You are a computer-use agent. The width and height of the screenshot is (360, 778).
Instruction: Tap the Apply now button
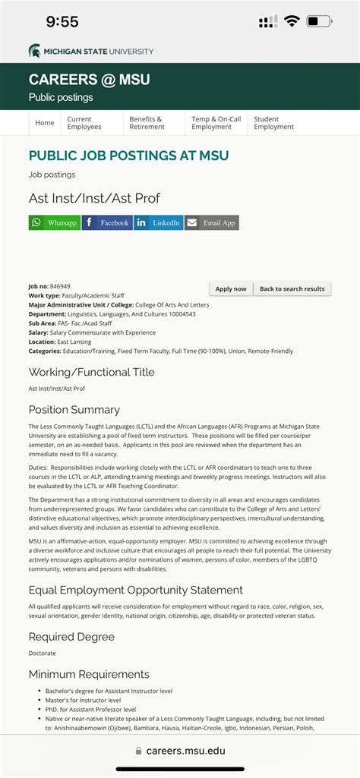click(x=231, y=289)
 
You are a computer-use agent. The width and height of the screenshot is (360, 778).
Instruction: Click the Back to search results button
click(x=292, y=289)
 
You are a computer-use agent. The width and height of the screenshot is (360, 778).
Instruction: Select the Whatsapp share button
click(x=55, y=222)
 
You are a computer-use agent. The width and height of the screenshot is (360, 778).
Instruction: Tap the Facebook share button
click(x=107, y=222)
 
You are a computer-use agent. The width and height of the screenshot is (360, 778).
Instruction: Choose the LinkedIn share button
click(x=159, y=222)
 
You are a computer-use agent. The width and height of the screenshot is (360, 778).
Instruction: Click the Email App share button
click(x=212, y=222)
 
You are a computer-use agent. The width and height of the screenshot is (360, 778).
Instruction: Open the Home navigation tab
click(x=45, y=123)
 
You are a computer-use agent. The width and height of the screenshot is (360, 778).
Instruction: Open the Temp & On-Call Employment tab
click(x=216, y=123)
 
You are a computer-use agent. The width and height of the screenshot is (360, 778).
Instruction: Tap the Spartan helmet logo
click(x=35, y=52)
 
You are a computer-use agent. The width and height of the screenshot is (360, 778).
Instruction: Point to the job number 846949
click(x=60, y=286)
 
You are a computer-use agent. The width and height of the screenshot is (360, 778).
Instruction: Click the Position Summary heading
click(x=74, y=410)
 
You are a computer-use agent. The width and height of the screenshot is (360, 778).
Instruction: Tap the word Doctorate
click(x=43, y=654)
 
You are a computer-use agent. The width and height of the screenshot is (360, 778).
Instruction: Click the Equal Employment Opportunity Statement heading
click(x=136, y=590)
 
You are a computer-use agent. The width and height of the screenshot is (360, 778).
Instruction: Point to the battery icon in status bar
click(x=318, y=21)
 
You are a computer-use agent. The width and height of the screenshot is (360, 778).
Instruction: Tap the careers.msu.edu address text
click(x=185, y=751)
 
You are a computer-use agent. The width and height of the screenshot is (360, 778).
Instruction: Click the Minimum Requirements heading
click(x=89, y=674)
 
